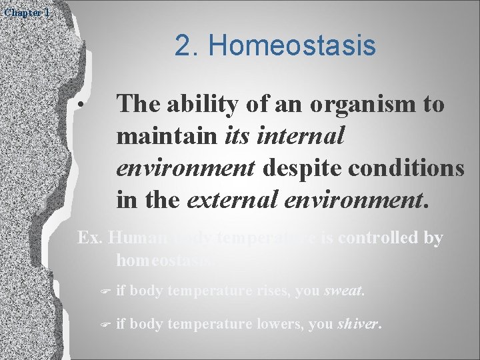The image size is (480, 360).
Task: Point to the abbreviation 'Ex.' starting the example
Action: click(90, 239)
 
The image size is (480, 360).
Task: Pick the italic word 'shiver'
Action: click(359, 325)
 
